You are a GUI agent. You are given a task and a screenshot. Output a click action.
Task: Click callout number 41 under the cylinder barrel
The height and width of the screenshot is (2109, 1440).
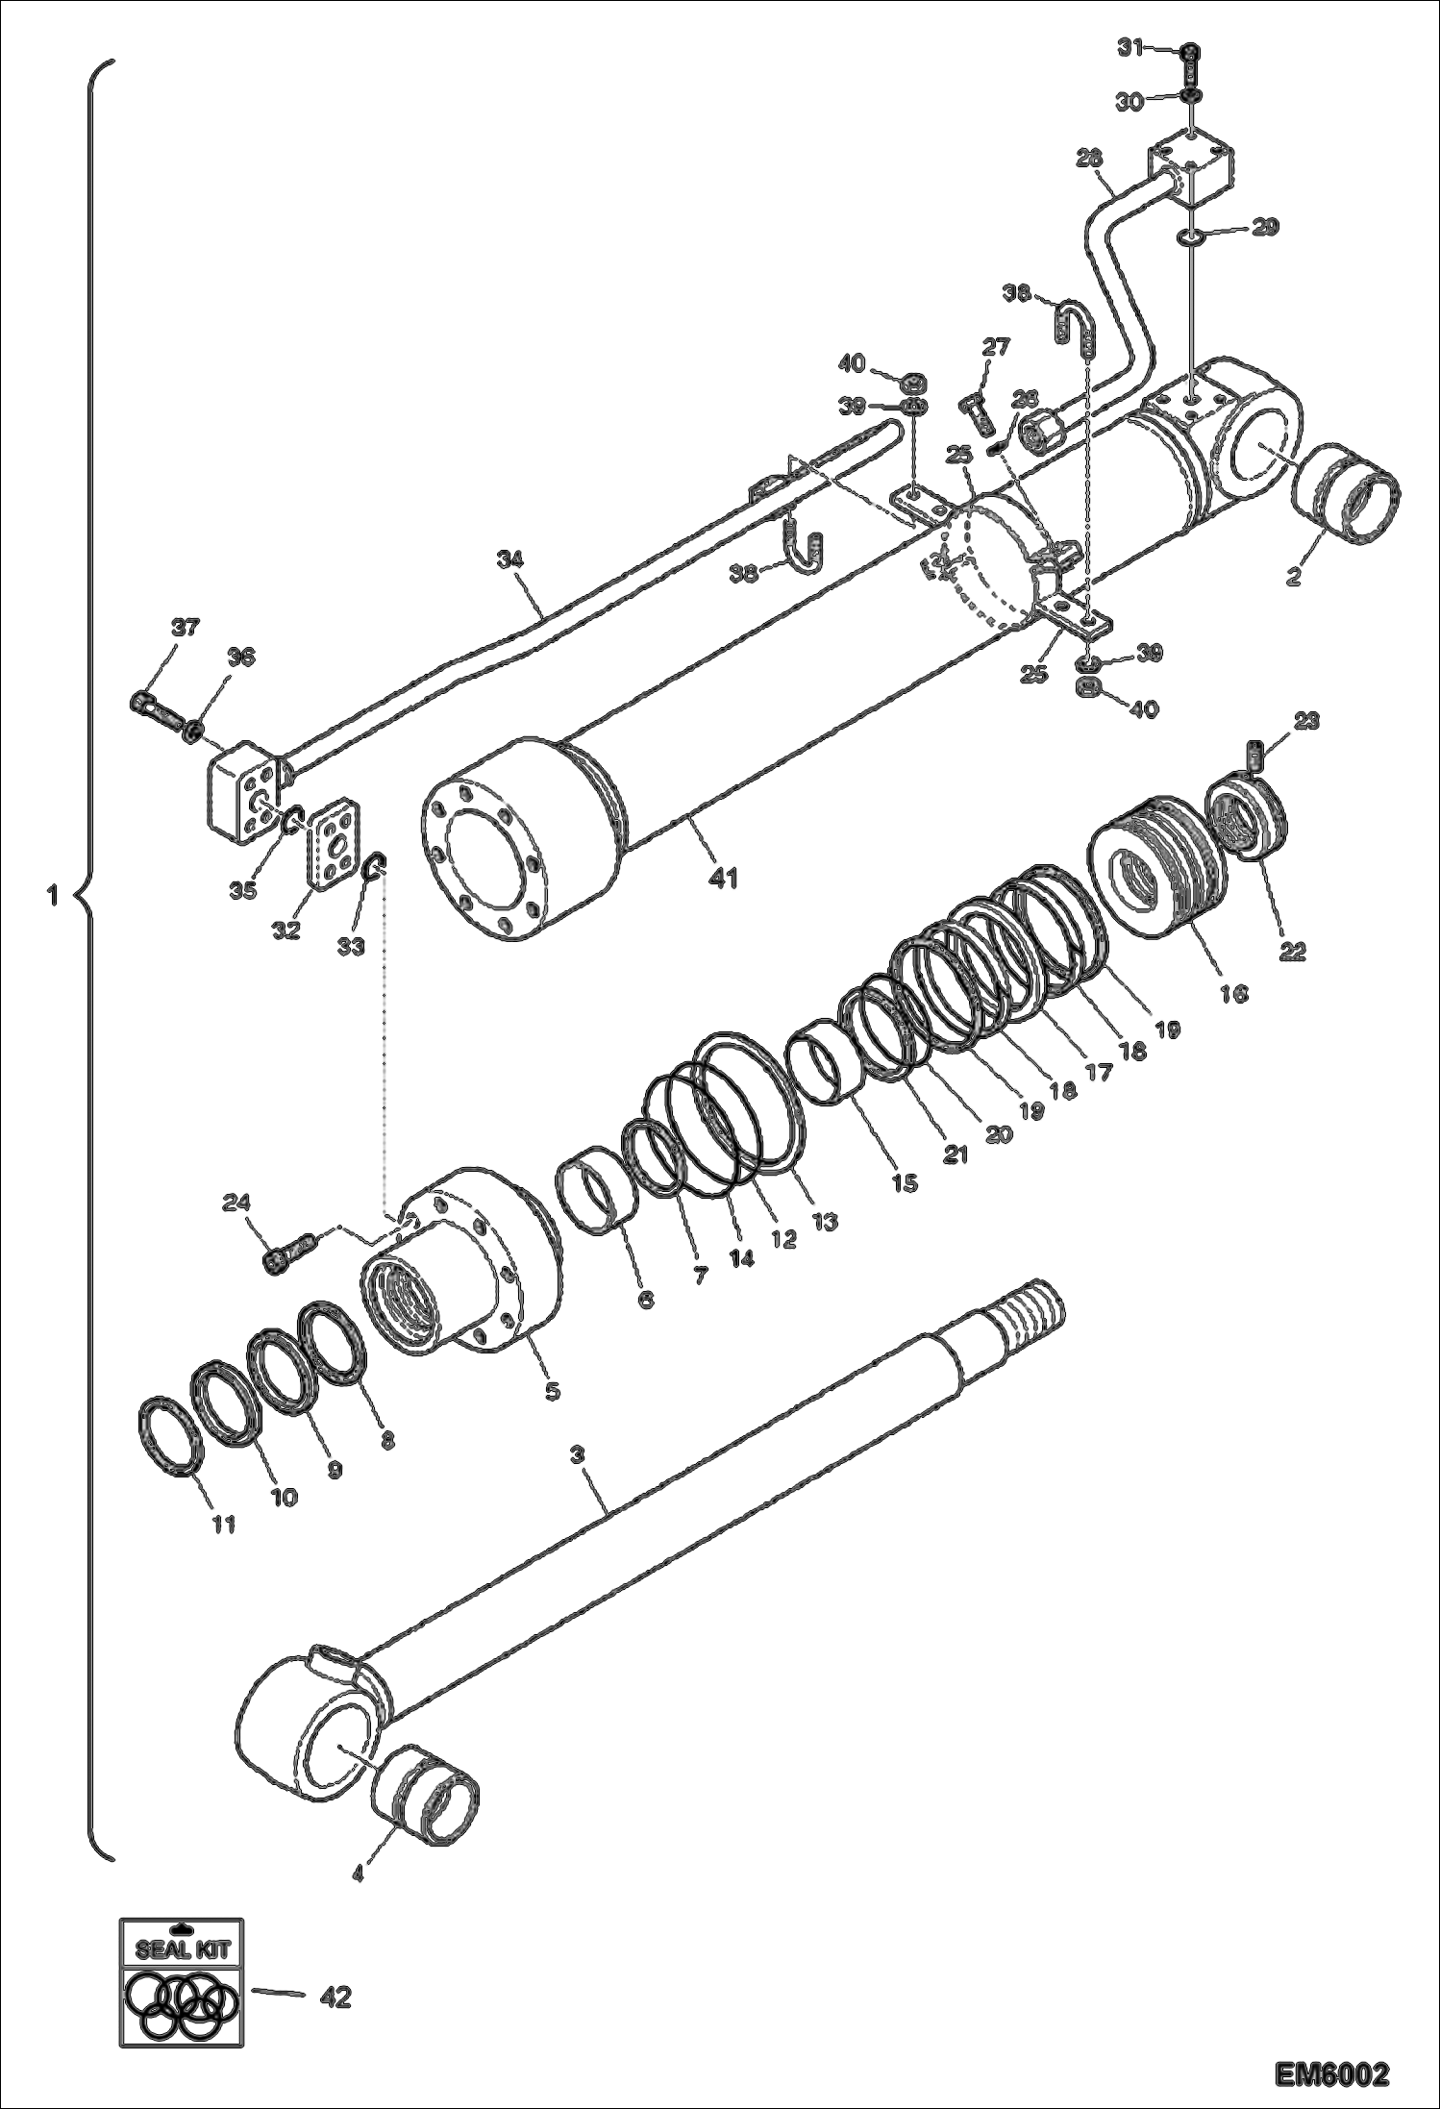(724, 878)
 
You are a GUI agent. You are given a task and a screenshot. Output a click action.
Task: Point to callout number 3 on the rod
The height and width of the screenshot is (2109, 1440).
(577, 1456)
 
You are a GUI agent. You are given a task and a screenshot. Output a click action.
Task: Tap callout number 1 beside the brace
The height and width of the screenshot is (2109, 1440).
(52, 897)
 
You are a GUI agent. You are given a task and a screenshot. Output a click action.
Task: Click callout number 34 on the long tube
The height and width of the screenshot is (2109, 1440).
(511, 558)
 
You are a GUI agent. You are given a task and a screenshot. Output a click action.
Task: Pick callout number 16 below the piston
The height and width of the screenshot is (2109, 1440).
(1233, 993)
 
